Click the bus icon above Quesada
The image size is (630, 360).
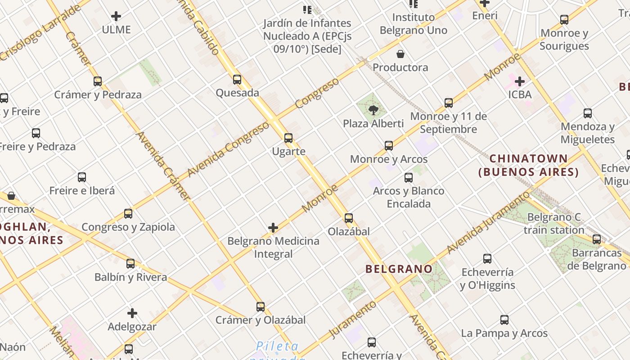[x=237, y=80]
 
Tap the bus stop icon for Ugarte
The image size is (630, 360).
[x=288, y=138]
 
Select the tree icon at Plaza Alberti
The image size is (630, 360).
[x=373, y=110]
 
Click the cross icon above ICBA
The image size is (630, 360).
[x=520, y=81]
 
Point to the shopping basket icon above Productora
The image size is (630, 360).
[x=400, y=54]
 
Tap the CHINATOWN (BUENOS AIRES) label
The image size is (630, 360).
[x=529, y=165]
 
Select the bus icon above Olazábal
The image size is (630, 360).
[x=349, y=218]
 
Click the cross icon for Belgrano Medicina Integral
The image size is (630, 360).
[x=273, y=228]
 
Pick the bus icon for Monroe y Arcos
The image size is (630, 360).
[x=389, y=146]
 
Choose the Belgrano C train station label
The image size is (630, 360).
[x=554, y=224]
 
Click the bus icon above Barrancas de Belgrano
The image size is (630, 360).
[x=597, y=239]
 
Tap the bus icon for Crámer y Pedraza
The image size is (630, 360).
[x=98, y=81]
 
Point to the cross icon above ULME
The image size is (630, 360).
[x=116, y=17]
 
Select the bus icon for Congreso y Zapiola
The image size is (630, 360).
[x=128, y=214]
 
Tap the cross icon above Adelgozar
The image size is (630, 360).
[x=132, y=313]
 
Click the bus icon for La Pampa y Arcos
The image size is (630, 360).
[x=504, y=320]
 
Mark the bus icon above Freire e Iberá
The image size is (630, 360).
[x=82, y=177]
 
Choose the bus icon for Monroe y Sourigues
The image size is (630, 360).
[x=564, y=20]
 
